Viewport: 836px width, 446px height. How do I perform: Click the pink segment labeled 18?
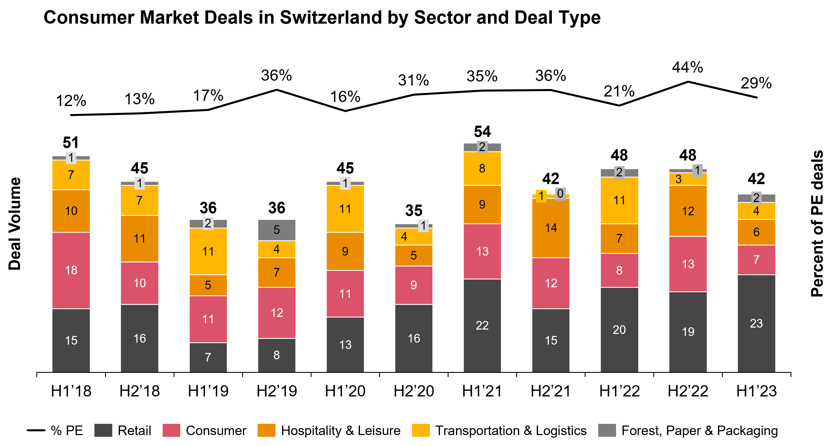[x=71, y=270]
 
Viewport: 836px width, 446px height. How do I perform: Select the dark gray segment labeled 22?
[x=482, y=325]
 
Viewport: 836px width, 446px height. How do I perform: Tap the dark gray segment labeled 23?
[x=756, y=323]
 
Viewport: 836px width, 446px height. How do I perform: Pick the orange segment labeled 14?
[x=551, y=228]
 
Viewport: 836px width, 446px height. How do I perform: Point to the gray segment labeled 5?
[x=276, y=230]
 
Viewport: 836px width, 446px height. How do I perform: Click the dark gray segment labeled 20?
[x=619, y=329]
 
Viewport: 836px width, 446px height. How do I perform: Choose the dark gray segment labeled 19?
[x=688, y=332]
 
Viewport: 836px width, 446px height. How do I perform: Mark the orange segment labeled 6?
[x=756, y=232]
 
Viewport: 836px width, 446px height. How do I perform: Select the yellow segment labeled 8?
[x=482, y=168]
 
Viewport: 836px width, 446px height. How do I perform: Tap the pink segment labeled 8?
[x=619, y=270]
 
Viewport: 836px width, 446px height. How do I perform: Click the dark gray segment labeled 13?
[x=345, y=344]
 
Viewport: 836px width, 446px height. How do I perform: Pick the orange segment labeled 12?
[x=688, y=211]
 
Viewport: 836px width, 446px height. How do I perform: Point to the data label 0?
[x=560, y=194]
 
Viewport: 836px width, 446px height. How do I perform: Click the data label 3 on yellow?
[x=678, y=179]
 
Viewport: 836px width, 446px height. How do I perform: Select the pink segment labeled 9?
[x=413, y=285]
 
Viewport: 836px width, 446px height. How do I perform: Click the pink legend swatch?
[x=171, y=430]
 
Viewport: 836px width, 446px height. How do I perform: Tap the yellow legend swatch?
[x=421, y=430]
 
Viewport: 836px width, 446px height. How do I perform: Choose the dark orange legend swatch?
[x=267, y=430]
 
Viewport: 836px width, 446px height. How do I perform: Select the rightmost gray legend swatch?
[x=607, y=430]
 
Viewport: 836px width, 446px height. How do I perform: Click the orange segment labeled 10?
[x=71, y=211]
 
